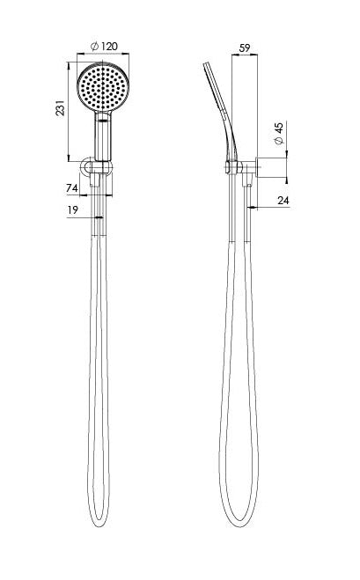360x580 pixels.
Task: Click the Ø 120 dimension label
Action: coord(104,47)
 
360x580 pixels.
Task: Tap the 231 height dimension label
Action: coord(61,107)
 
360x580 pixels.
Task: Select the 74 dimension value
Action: coord(72,188)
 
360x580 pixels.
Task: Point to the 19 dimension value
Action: coord(73,210)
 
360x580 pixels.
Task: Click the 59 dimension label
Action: coord(245,48)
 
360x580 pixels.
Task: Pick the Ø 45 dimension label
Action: coord(279,133)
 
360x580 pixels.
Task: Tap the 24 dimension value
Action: coord(283,201)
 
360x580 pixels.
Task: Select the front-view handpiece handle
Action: coord(103,136)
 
